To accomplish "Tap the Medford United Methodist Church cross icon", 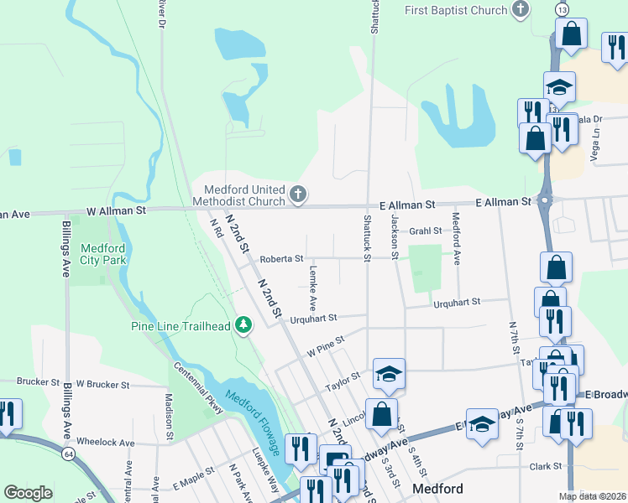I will coord(297,195).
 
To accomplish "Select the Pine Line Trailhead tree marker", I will coord(243,324).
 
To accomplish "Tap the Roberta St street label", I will coord(281,260).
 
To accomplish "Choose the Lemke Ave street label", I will coord(313,288).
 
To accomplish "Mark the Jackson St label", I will coord(392,236).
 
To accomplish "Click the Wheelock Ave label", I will coord(105,442).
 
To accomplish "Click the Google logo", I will coord(28,493).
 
